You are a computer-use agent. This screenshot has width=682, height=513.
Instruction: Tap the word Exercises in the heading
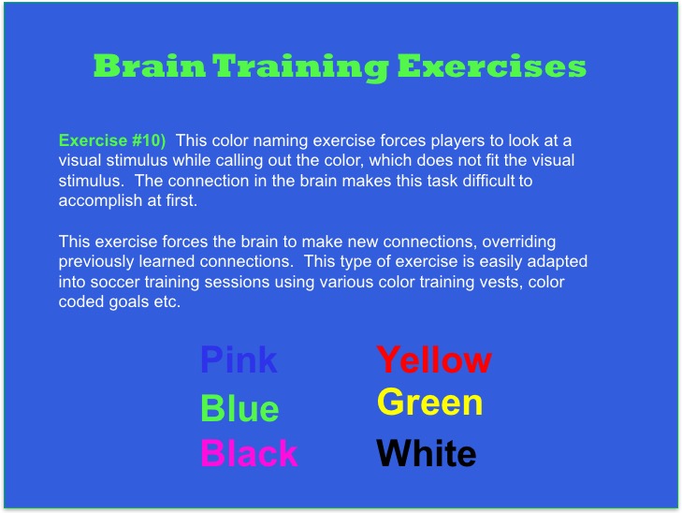pyautogui.click(x=491, y=67)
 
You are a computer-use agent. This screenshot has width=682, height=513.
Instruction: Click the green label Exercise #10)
pyautogui.click(x=112, y=140)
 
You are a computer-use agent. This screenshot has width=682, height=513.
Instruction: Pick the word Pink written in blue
pyautogui.click(x=239, y=359)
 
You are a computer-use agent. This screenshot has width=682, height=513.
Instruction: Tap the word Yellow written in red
pyautogui.click(x=434, y=359)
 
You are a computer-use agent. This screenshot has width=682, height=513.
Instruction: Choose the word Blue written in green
pyautogui.click(x=239, y=409)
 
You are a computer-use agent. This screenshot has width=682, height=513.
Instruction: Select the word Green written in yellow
pyautogui.click(x=429, y=403)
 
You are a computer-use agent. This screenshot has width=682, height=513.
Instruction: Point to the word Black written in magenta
pyautogui.click(x=249, y=454)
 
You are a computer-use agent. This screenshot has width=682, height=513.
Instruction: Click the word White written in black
pyautogui.click(x=427, y=455)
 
